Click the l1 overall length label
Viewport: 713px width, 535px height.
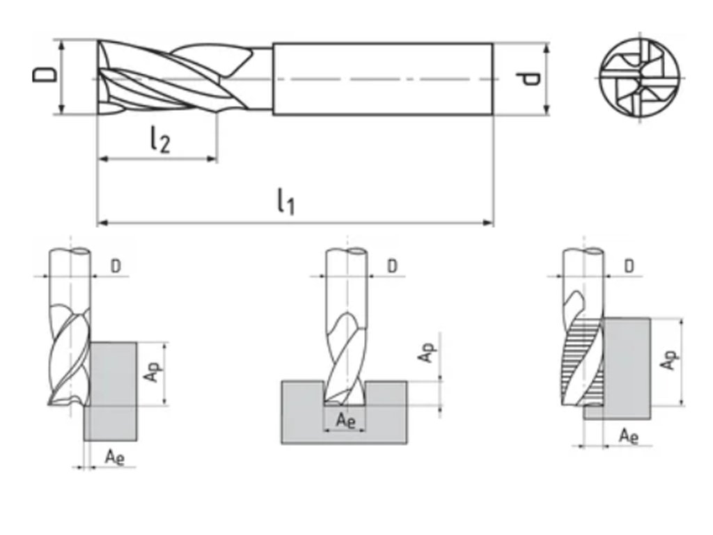click(285, 203)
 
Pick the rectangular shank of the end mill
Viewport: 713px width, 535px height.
click(382, 78)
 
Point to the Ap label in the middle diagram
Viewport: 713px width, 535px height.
click(425, 351)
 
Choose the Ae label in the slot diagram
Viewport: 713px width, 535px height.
click(345, 419)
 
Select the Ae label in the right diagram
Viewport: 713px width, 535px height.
click(629, 436)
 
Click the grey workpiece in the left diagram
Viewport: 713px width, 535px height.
click(111, 390)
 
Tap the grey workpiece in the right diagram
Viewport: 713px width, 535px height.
click(627, 362)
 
